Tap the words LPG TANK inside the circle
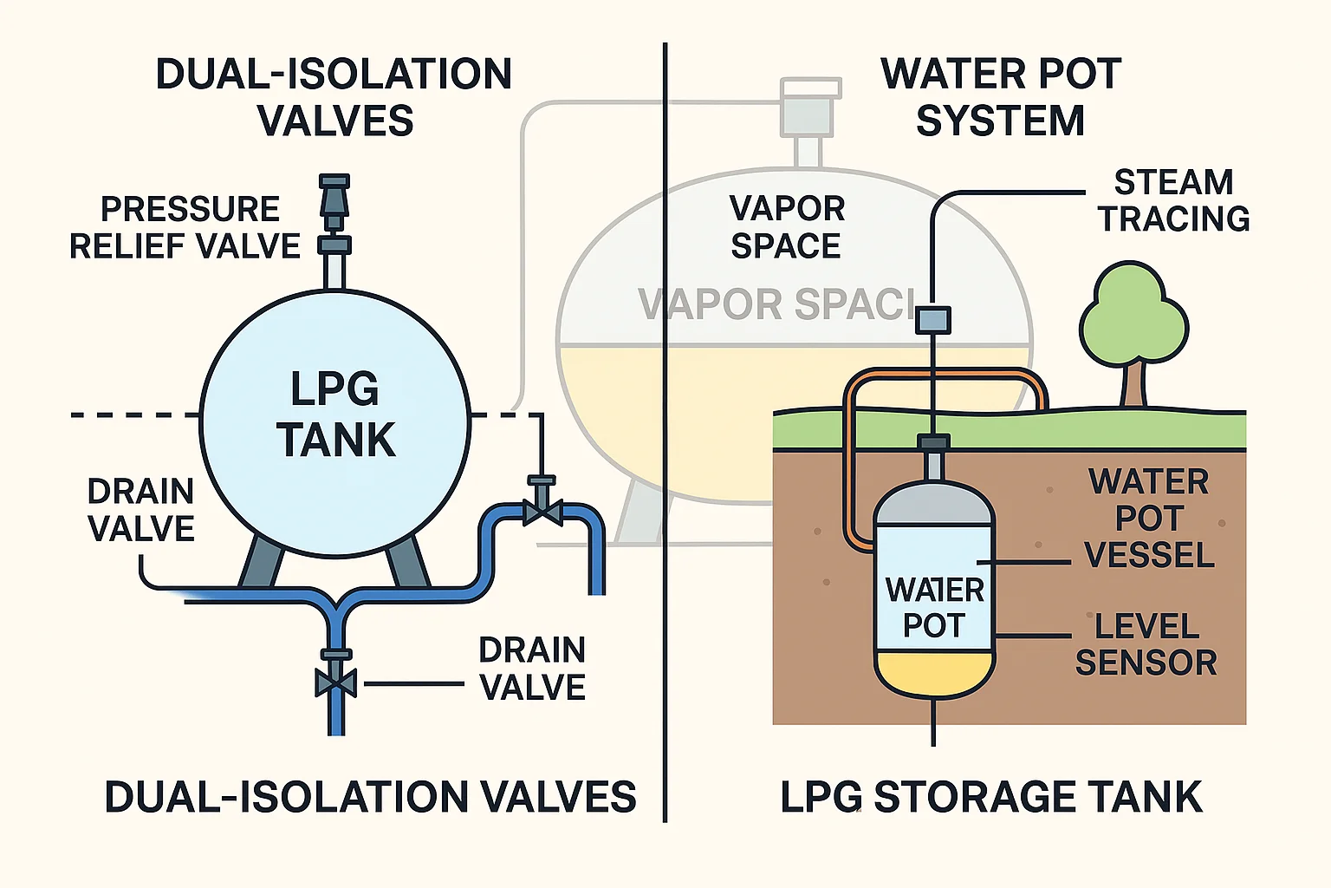335,415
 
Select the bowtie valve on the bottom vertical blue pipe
335,682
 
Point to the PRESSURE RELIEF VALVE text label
185,227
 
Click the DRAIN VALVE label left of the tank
141,510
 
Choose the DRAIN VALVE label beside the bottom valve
532,668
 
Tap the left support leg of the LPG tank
260,561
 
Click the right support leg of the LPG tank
407,561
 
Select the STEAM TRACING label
1173,200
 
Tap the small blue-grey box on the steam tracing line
933,320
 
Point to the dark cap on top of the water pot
933,443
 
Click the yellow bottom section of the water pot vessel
933,673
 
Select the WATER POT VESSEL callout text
1149,518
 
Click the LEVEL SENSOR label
1146,644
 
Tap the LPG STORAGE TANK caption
990,797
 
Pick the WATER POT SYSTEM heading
1001,97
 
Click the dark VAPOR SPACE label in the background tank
786,227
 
